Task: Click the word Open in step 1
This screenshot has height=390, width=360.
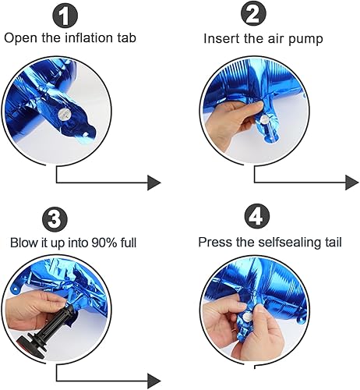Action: click(20, 37)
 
